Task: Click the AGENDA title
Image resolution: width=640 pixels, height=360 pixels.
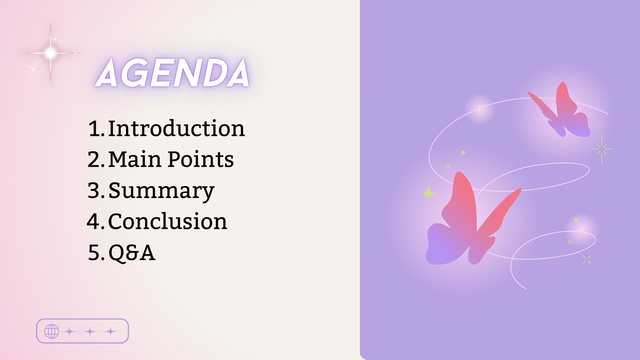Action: [172, 72]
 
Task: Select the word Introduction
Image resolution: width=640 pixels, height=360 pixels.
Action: [176, 128]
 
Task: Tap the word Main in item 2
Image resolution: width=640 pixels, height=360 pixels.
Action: [135, 159]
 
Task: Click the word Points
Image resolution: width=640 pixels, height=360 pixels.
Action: [201, 159]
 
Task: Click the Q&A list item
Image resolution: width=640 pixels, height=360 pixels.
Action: [132, 252]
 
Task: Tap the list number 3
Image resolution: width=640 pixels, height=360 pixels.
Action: [96, 190]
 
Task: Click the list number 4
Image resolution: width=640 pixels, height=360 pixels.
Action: [96, 221]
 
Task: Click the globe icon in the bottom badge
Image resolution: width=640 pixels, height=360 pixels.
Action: [52, 332]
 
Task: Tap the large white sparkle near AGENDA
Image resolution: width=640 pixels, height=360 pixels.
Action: [50, 53]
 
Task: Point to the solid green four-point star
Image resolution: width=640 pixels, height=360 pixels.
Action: [428, 194]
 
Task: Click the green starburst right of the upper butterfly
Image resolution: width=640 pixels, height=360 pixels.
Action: [602, 149]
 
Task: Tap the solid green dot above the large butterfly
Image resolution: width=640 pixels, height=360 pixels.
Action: [463, 152]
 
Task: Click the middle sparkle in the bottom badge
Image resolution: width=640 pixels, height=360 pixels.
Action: [90, 332]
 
